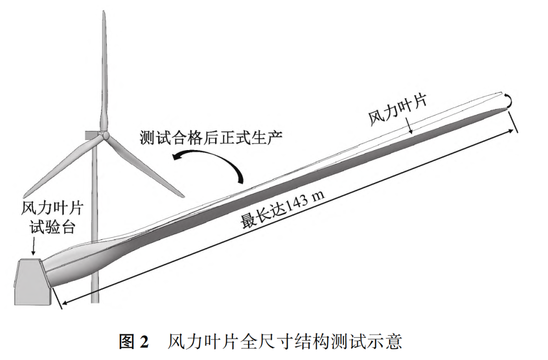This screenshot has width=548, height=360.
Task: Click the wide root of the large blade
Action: click(66, 269)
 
